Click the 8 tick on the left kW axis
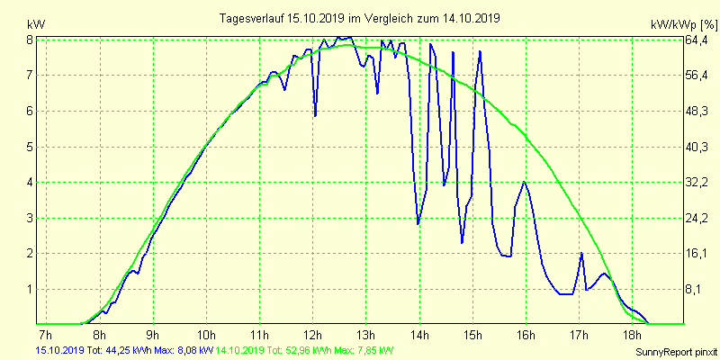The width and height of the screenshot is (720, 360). tap(30, 40)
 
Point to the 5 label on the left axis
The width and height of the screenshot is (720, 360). tap(30, 147)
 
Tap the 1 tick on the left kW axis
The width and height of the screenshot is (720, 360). tap(30, 289)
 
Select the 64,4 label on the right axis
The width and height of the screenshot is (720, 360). tap(698, 40)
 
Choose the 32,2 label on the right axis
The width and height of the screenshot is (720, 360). tap(698, 183)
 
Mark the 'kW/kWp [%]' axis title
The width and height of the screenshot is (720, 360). tap(681, 24)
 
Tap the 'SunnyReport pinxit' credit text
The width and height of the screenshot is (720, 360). tap(672, 351)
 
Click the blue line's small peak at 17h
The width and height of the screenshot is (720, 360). tap(581, 254)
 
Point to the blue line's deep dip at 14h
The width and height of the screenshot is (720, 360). tap(418, 223)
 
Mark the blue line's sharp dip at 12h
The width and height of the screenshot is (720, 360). tap(315, 115)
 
